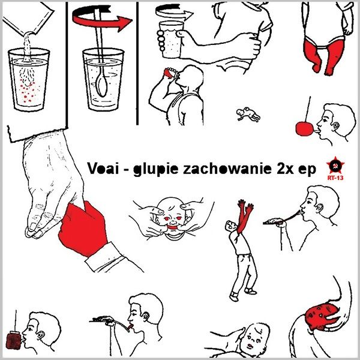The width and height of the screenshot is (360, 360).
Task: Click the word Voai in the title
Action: click(103, 168)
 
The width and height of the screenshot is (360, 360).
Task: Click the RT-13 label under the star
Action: click(335, 178)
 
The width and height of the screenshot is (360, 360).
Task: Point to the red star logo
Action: click(335, 166)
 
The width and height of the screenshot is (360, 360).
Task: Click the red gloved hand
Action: click(83, 229)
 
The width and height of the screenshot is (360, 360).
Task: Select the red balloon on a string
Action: click(304, 129)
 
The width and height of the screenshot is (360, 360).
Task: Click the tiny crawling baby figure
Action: click(248, 114)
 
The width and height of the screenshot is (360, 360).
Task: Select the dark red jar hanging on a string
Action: click(14, 340)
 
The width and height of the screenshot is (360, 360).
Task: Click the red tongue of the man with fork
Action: click(130, 326)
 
